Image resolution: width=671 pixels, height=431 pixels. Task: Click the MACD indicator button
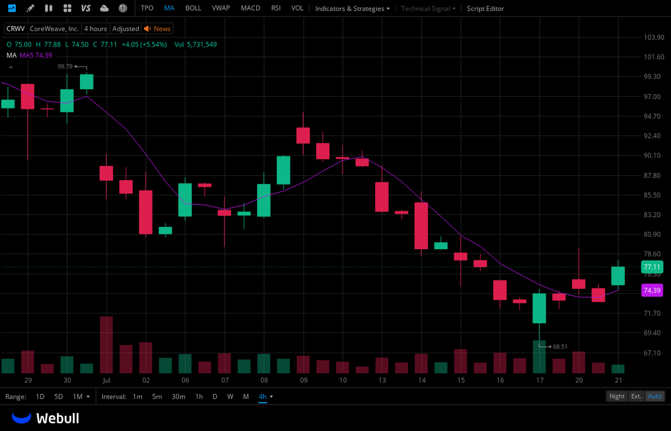(x=251, y=8)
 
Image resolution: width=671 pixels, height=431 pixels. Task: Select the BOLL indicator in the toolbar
(x=193, y=8)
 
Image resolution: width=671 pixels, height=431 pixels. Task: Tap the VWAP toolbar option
(x=221, y=8)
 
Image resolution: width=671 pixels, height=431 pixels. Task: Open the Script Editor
(x=485, y=8)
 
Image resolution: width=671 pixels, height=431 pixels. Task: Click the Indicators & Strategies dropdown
(x=352, y=8)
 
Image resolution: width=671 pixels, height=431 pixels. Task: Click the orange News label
(x=162, y=29)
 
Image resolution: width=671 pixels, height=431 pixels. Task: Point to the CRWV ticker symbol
(x=16, y=29)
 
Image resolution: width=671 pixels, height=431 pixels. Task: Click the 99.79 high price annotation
(x=65, y=66)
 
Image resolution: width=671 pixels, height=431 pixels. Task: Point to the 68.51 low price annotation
(x=560, y=346)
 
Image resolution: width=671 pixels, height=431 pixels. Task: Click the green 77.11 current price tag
(x=652, y=267)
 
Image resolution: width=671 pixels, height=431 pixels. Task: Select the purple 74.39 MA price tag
(x=652, y=291)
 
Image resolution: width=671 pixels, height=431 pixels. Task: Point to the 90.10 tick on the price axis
(x=652, y=156)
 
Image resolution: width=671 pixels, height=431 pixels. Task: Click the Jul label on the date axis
(x=106, y=380)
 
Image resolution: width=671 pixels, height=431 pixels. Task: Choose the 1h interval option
(x=199, y=396)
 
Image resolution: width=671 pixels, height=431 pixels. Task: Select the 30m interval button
(x=178, y=396)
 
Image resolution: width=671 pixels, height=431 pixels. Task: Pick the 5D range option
(x=58, y=396)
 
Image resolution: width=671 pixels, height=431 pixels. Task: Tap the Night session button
(x=617, y=396)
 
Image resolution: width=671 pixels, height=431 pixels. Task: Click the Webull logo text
(x=58, y=418)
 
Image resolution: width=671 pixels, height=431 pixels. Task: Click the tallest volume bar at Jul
(x=106, y=345)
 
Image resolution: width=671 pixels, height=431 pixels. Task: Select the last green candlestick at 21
(x=618, y=276)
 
